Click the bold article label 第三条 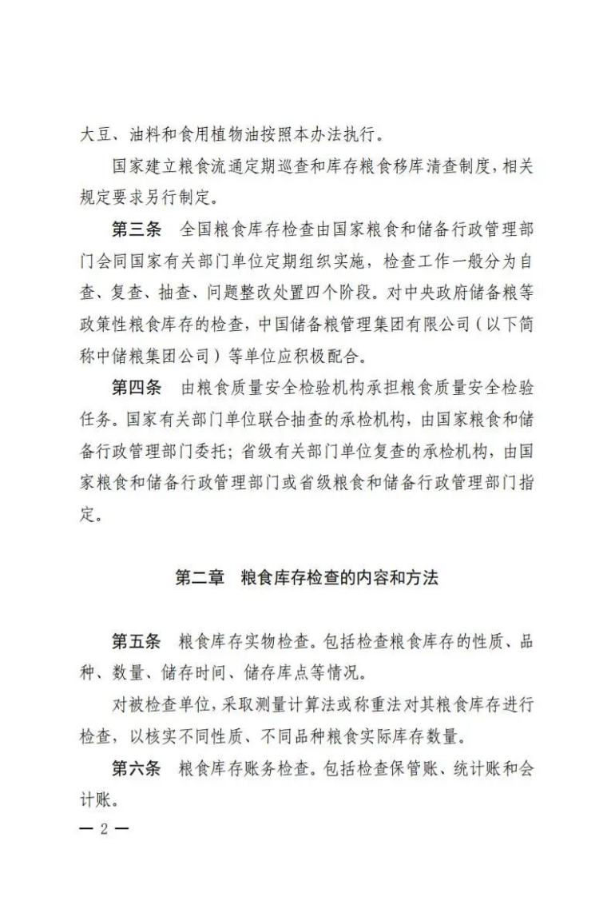[x=136, y=229]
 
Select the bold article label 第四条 [x=136, y=388]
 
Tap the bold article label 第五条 [x=136, y=641]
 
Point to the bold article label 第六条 [x=136, y=769]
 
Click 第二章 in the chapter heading [x=200, y=578]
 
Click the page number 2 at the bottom [x=103, y=828]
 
